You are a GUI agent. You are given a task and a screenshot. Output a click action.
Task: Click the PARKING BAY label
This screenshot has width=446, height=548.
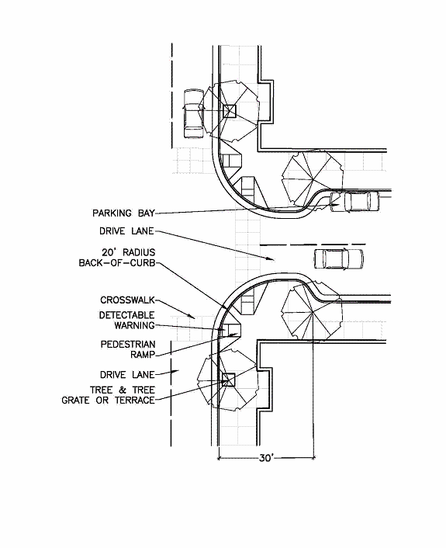[123, 213]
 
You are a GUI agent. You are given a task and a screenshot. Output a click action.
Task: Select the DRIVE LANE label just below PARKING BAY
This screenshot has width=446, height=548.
[126, 231]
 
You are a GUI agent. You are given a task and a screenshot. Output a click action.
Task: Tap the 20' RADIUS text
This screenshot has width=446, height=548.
[128, 252]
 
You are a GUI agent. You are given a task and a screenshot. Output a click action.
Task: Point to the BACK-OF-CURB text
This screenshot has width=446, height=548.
[117, 262]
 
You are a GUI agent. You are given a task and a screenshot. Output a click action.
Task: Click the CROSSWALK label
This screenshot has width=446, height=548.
[127, 300]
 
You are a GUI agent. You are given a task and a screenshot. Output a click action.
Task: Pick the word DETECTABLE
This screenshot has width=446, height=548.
[126, 315]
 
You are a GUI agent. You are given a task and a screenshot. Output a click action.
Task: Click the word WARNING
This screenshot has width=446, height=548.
[134, 325]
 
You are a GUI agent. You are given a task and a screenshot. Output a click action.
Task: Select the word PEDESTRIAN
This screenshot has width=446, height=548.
[128, 345]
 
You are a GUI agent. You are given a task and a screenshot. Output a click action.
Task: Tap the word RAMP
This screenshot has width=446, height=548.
[143, 355]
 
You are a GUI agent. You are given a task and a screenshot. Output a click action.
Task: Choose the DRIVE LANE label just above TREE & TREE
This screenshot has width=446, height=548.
[127, 375]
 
